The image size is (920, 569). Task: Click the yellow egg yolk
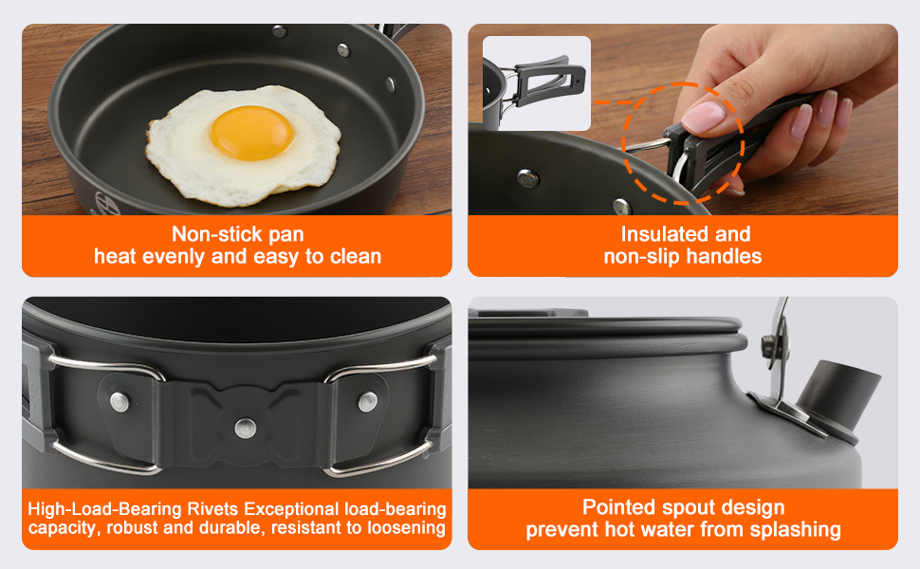pyautogui.click(x=251, y=133)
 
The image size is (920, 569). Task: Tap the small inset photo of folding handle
pyautogui.click(x=536, y=83)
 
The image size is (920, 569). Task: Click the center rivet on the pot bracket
pyautogui.click(x=246, y=429)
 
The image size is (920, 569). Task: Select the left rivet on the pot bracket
pyautogui.click(x=120, y=402)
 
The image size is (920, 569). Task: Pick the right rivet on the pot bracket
pyautogui.click(x=368, y=402)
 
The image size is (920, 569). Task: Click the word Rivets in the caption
pyautogui.click(x=213, y=508)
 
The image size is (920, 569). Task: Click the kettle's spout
pyautogui.click(x=837, y=400)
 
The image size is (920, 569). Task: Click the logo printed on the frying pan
pyautogui.click(x=108, y=202)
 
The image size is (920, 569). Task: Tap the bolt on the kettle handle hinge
pyautogui.click(x=768, y=344)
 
